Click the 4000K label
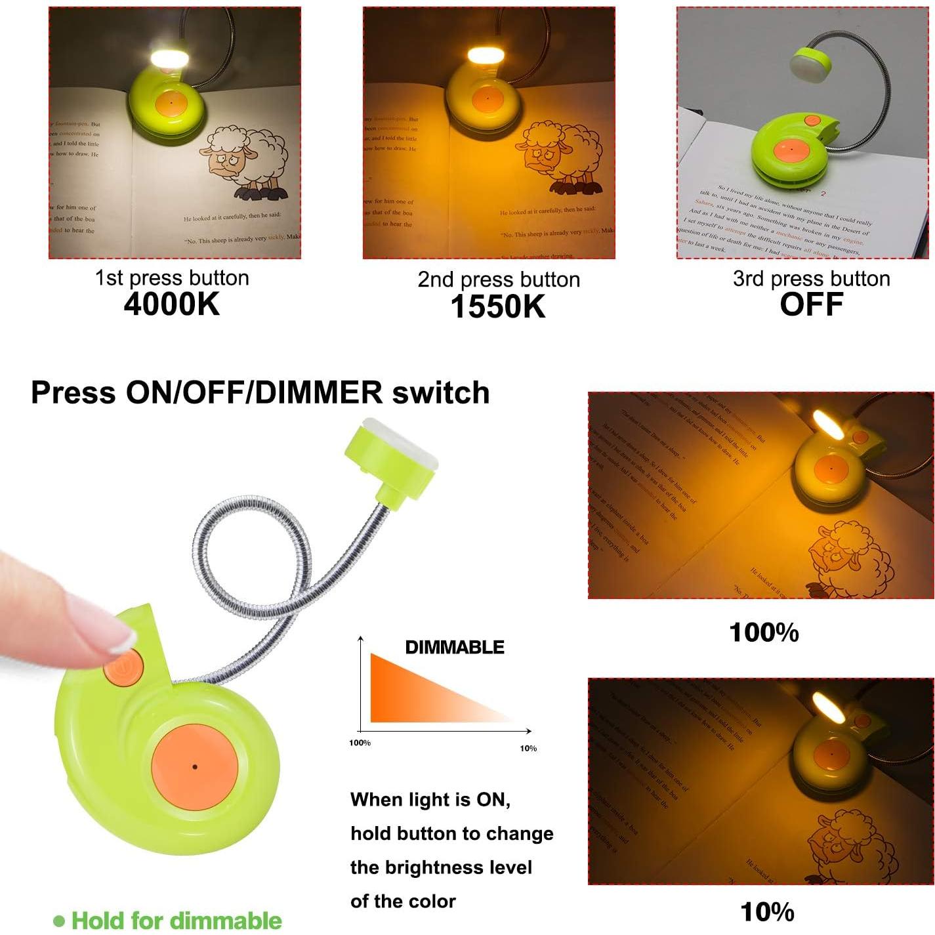172,304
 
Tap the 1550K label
498,306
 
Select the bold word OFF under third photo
811,304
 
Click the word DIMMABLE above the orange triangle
455,647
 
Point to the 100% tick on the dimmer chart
360,743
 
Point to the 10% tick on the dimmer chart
528,748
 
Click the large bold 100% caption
764,633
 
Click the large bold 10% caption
767,912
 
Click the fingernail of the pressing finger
123,637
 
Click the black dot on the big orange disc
195,766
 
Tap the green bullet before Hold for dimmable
59,921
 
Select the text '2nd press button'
499,280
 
